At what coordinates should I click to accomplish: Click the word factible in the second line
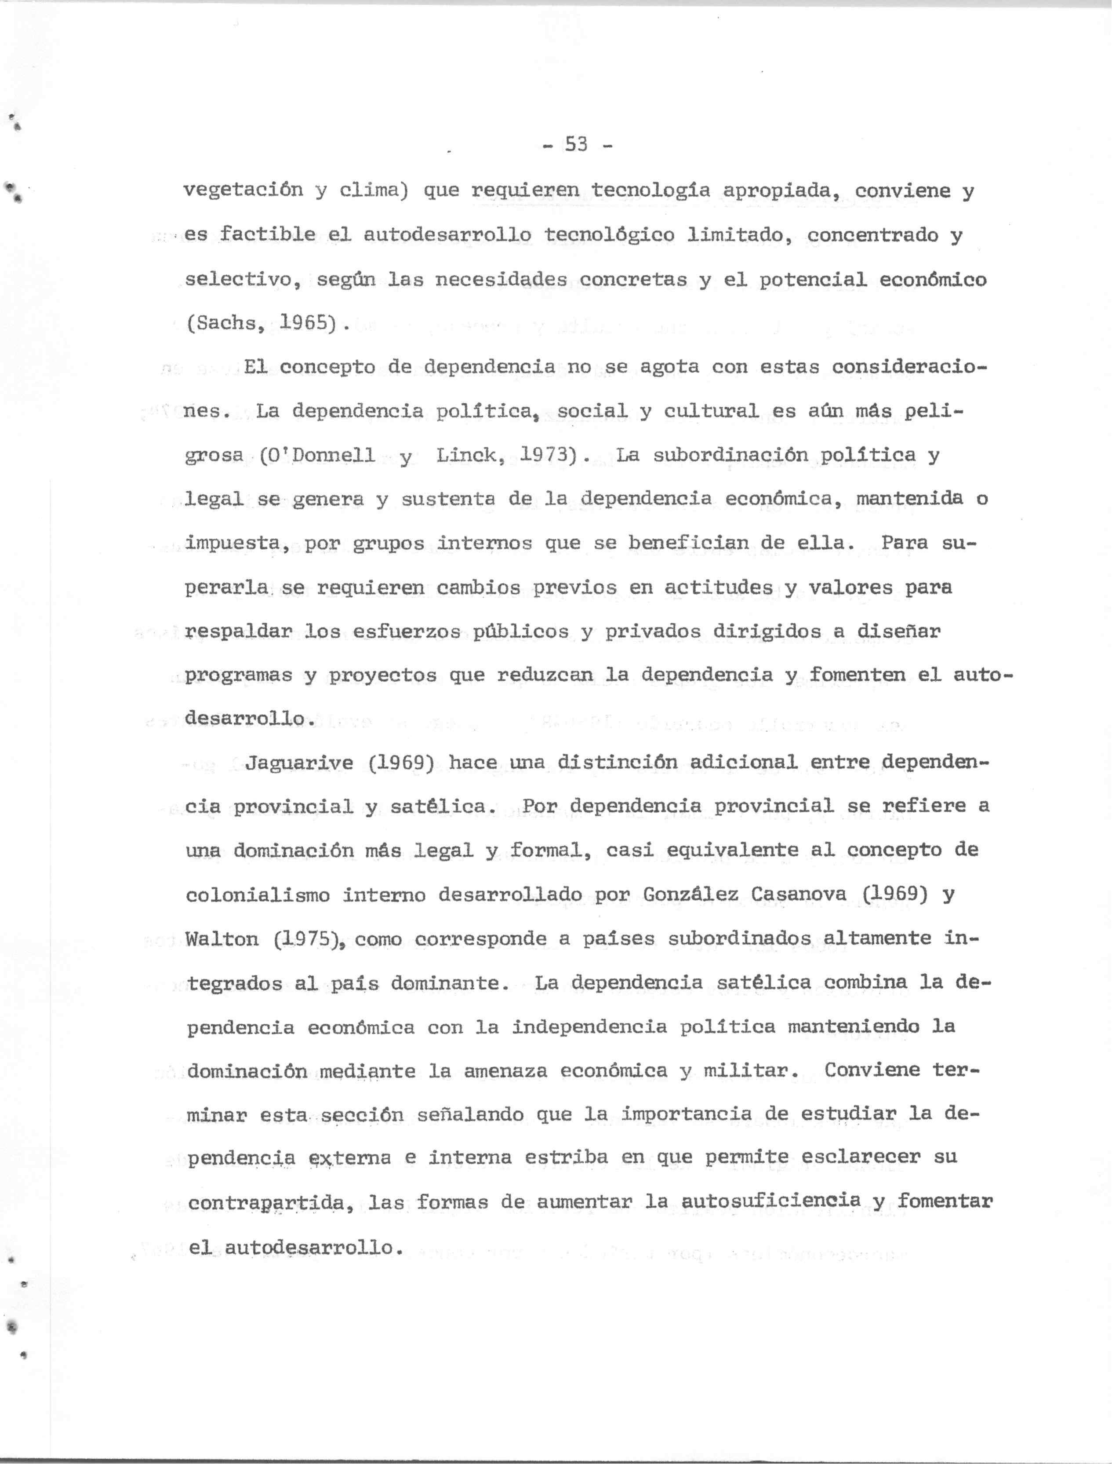267,235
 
